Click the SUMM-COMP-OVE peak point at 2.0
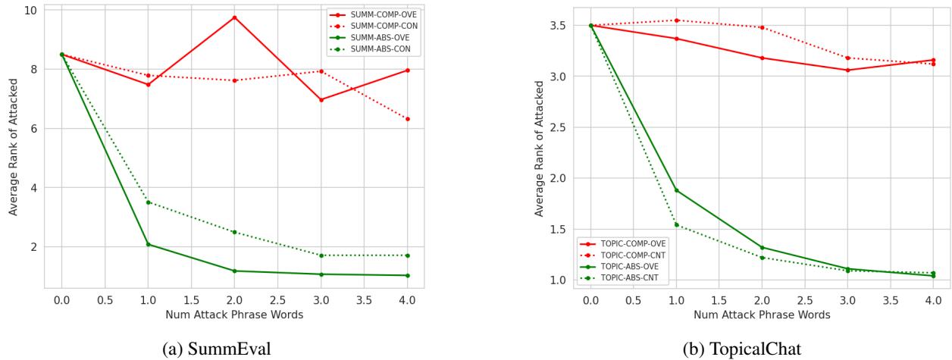(235, 17)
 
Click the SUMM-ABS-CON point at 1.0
(149, 202)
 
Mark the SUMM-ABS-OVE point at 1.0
(149, 244)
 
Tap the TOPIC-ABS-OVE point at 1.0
(676, 190)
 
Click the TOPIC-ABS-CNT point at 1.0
(676, 225)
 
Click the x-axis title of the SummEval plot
(235, 315)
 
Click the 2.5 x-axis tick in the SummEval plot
(278, 300)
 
